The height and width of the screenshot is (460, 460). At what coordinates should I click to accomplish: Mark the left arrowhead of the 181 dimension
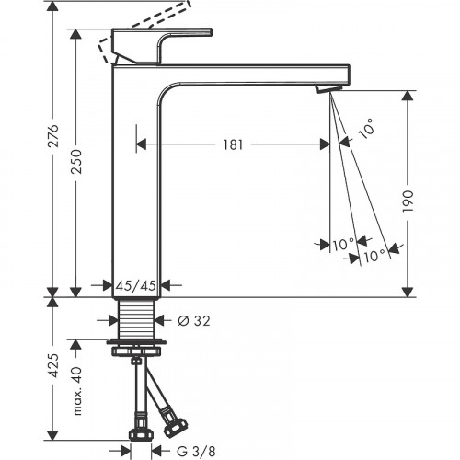(x=141, y=144)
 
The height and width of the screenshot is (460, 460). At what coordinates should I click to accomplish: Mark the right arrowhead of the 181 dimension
(x=325, y=144)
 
